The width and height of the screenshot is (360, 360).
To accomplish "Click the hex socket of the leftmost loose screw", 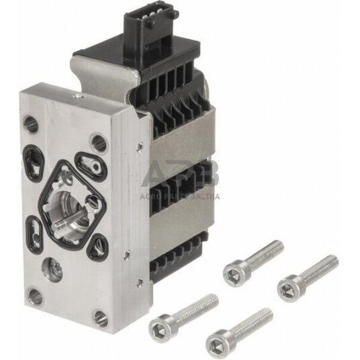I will [161, 318].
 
